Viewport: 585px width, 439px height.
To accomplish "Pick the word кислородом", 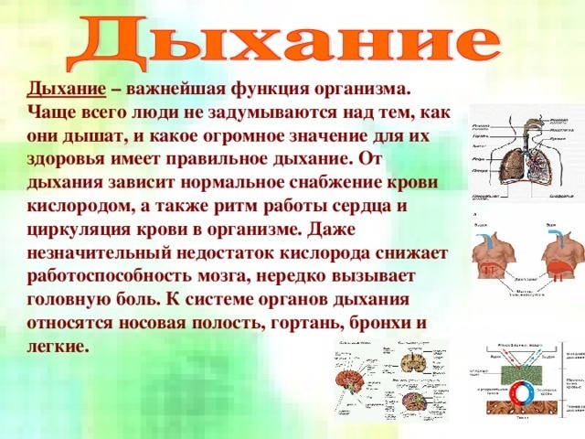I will click(76, 206).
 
